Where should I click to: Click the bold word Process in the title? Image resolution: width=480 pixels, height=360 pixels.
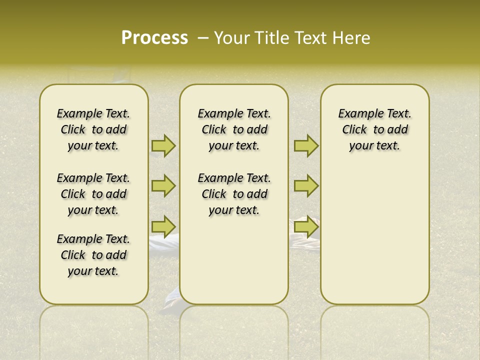(x=154, y=38)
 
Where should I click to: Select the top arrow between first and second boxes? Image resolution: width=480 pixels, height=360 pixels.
(x=163, y=146)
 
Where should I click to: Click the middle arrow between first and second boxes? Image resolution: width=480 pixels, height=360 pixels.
(x=163, y=186)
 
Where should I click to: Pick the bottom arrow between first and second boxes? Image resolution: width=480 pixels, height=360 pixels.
(x=163, y=226)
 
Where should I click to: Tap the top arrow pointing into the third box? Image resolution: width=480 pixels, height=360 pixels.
(x=306, y=146)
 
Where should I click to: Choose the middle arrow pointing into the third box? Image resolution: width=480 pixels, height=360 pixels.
(x=306, y=186)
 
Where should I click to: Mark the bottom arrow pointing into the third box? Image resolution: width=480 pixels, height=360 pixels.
(x=306, y=227)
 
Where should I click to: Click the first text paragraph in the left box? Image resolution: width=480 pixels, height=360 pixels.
(x=93, y=129)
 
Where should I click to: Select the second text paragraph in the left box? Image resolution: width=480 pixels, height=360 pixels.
(x=93, y=194)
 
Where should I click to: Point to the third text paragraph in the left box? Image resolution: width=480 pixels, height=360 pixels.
(x=93, y=255)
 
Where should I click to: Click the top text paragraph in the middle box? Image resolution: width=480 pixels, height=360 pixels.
(x=234, y=129)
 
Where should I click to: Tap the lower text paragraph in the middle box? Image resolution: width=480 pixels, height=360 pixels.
(x=234, y=194)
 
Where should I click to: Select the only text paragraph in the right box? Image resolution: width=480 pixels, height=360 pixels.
(x=374, y=129)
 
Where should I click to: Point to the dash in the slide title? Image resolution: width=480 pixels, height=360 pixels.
(x=203, y=38)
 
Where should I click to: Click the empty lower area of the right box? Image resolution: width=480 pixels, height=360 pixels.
(x=374, y=235)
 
